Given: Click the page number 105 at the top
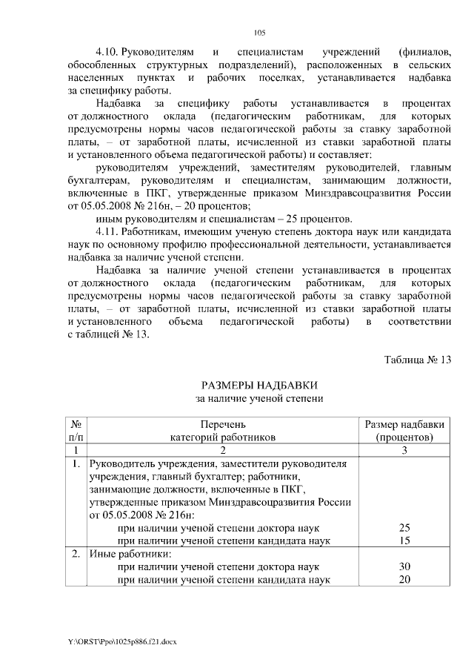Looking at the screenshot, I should pyautogui.click(x=259, y=32).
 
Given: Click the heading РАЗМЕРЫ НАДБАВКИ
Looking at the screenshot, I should pyautogui.click(x=259, y=385).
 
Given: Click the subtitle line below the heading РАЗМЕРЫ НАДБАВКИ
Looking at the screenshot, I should pyautogui.click(x=259, y=399).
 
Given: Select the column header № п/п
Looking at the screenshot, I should pyautogui.click(x=76, y=431).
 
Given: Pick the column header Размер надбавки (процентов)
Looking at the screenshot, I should pyautogui.click(x=404, y=431).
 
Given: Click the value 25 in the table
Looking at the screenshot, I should pyautogui.click(x=404, y=527).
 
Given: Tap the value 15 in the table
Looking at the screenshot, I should pyautogui.click(x=404, y=541).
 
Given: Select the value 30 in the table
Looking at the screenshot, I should pyautogui.click(x=404, y=566).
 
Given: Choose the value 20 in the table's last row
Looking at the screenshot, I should pyautogui.click(x=404, y=580).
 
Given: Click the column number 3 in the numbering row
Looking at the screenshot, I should pyautogui.click(x=404, y=450).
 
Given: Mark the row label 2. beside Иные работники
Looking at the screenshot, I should pyautogui.click(x=76, y=554).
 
